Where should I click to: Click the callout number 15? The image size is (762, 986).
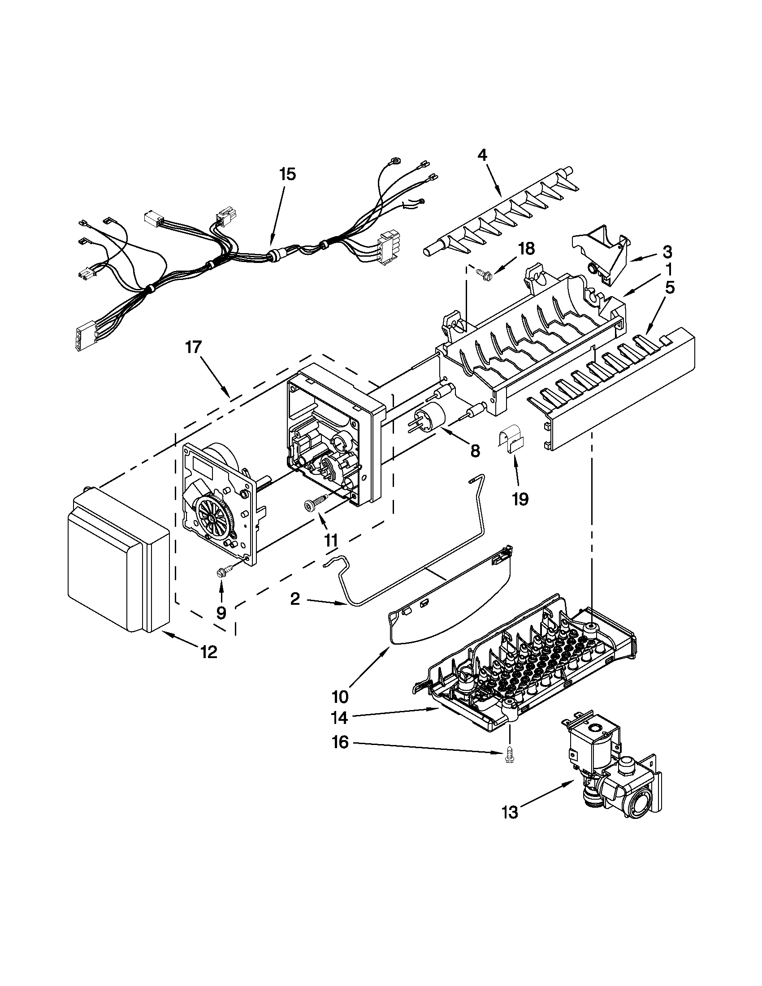pyautogui.click(x=288, y=174)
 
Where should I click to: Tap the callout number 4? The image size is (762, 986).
pyautogui.click(x=482, y=156)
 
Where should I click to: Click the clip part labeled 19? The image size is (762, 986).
pyautogui.click(x=512, y=439)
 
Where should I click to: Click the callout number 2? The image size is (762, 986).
pyautogui.click(x=294, y=599)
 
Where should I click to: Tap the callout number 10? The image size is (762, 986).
pyautogui.click(x=340, y=697)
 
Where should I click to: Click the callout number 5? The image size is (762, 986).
pyautogui.click(x=669, y=288)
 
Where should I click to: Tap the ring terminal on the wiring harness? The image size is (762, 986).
pyautogui.click(x=396, y=160)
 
